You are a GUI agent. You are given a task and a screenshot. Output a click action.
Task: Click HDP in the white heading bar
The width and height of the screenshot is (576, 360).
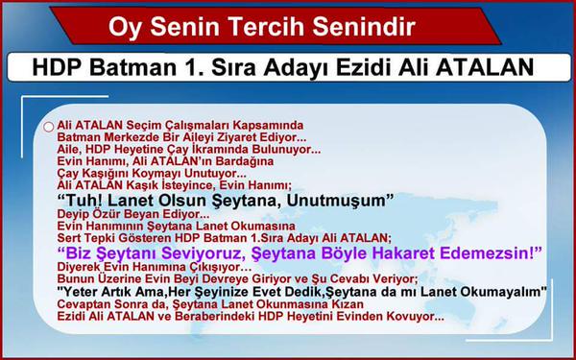[59, 69]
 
